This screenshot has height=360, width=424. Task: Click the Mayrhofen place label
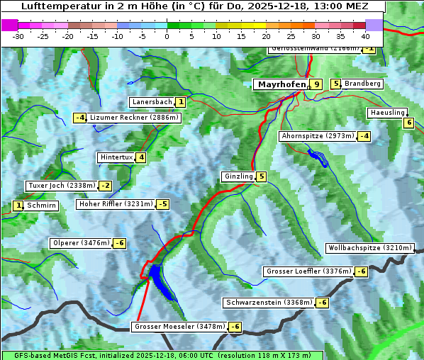pos(281,84)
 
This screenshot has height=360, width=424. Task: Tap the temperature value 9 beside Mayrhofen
pos(316,84)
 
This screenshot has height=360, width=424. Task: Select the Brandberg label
pos(362,84)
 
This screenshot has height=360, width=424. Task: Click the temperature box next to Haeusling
pos(408,123)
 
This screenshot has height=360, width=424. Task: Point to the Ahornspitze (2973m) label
pos(318,135)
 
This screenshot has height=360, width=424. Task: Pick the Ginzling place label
pos(238,176)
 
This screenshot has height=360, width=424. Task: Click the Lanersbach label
pos(152,102)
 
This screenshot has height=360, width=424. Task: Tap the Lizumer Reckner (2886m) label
pos(133,118)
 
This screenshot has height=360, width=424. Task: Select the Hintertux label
pos(116,157)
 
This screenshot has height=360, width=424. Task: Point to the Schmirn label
pos(42,206)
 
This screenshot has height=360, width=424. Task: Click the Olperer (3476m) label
pos(81,243)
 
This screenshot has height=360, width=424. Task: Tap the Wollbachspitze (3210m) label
pos(369,248)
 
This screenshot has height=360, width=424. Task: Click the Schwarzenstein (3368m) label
pos(268,303)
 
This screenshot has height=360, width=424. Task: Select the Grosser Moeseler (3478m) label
pos(179,327)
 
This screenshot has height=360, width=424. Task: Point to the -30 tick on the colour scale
pos(18,35)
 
